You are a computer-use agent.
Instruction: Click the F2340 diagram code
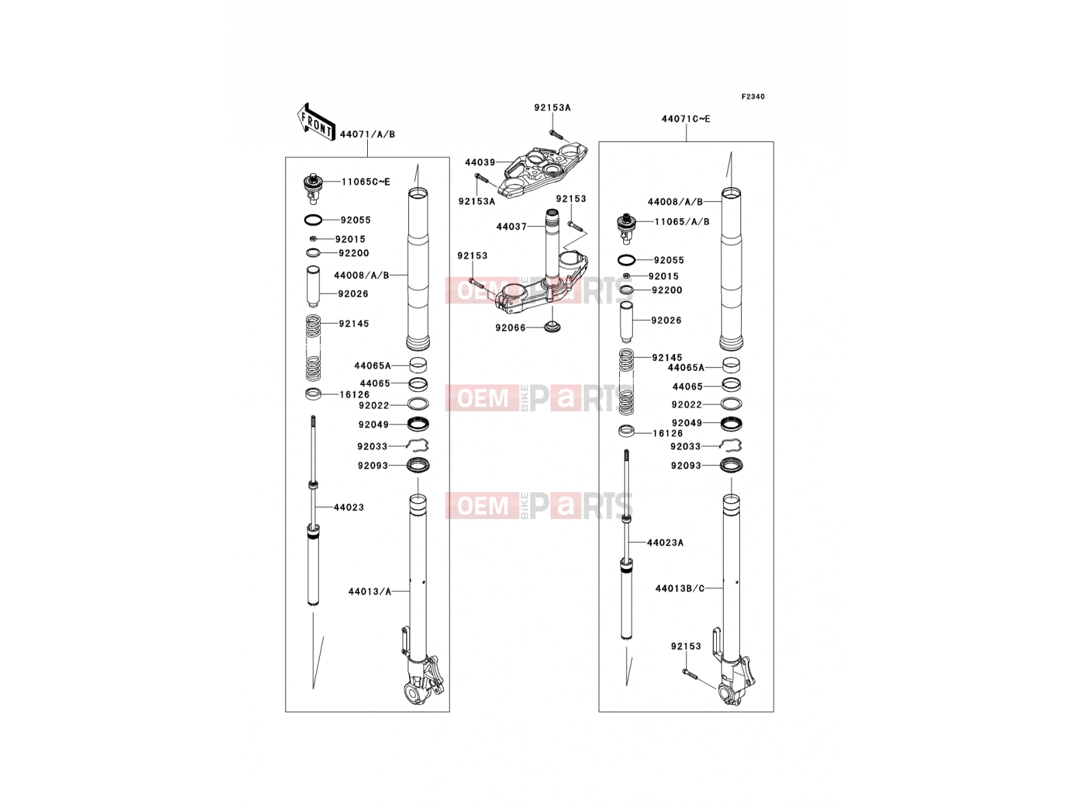tap(753, 97)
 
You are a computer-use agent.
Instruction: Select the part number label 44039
tap(480, 162)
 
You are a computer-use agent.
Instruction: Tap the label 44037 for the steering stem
tap(511, 227)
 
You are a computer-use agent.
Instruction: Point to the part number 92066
tap(510, 328)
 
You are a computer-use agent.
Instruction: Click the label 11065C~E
tap(366, 182)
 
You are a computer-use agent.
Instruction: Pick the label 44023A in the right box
tap(665, 543)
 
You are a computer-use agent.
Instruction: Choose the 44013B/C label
tap(680, 588)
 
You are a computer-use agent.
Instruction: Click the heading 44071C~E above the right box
tap(686, 119)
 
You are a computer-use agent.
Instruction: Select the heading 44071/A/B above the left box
tap(367, 135)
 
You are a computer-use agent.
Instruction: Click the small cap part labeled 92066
tap(552, 327)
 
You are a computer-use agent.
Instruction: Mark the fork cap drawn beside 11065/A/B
tap(625, 228)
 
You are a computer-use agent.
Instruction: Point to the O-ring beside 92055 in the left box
tap(313, 220)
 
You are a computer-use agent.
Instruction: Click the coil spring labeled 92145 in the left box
tap(313, 348)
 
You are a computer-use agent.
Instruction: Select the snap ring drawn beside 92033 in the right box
tap(731, 446)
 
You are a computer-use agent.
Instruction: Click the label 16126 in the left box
tap(354, 395)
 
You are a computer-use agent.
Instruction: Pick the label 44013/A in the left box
tap(370, 592)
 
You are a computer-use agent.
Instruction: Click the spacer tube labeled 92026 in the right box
tap(626, 322)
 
